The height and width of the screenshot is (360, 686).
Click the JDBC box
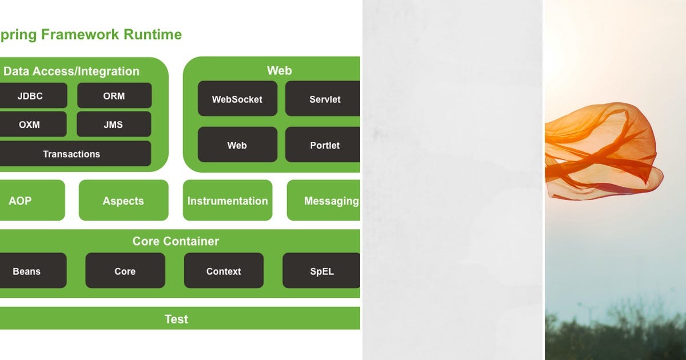tap(31, 95)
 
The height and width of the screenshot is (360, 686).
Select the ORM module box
tap(114, 95)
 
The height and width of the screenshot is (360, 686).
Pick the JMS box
tap(114, 124)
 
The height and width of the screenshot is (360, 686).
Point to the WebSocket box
tap(237, 99)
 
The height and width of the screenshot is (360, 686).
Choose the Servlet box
tap(324, 99)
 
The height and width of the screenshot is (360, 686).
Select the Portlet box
tap(324, 145)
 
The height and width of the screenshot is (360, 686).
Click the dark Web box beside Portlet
tap(237, 145)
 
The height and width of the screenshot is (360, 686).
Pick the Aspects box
tap(123, 201)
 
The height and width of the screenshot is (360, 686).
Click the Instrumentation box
tap(228, 201)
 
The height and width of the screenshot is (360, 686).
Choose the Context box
tap(224, 271)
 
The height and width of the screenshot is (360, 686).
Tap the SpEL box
tap(322, 271)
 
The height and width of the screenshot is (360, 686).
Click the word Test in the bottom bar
tap(176, 319)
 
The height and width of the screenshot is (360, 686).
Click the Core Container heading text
tap(176, 241)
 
